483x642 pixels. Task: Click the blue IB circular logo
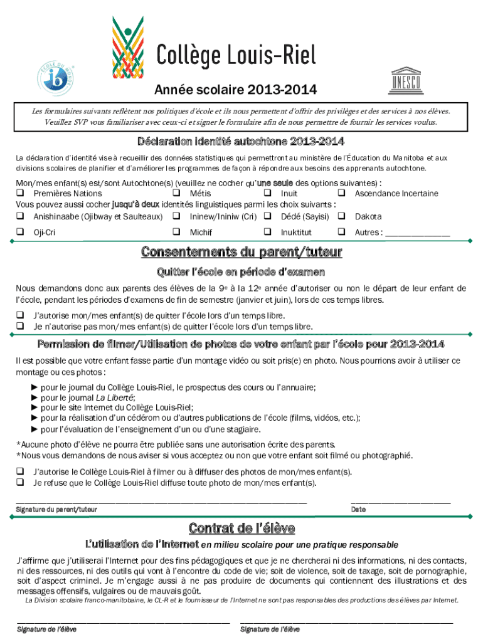coord(58,76)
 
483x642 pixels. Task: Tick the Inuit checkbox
coord(267,193)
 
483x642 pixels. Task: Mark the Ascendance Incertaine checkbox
coord(342,193)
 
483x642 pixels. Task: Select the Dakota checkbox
coord(342,216)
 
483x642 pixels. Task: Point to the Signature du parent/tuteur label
coord(57,510)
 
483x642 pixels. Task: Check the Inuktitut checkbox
coord(267,233)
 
